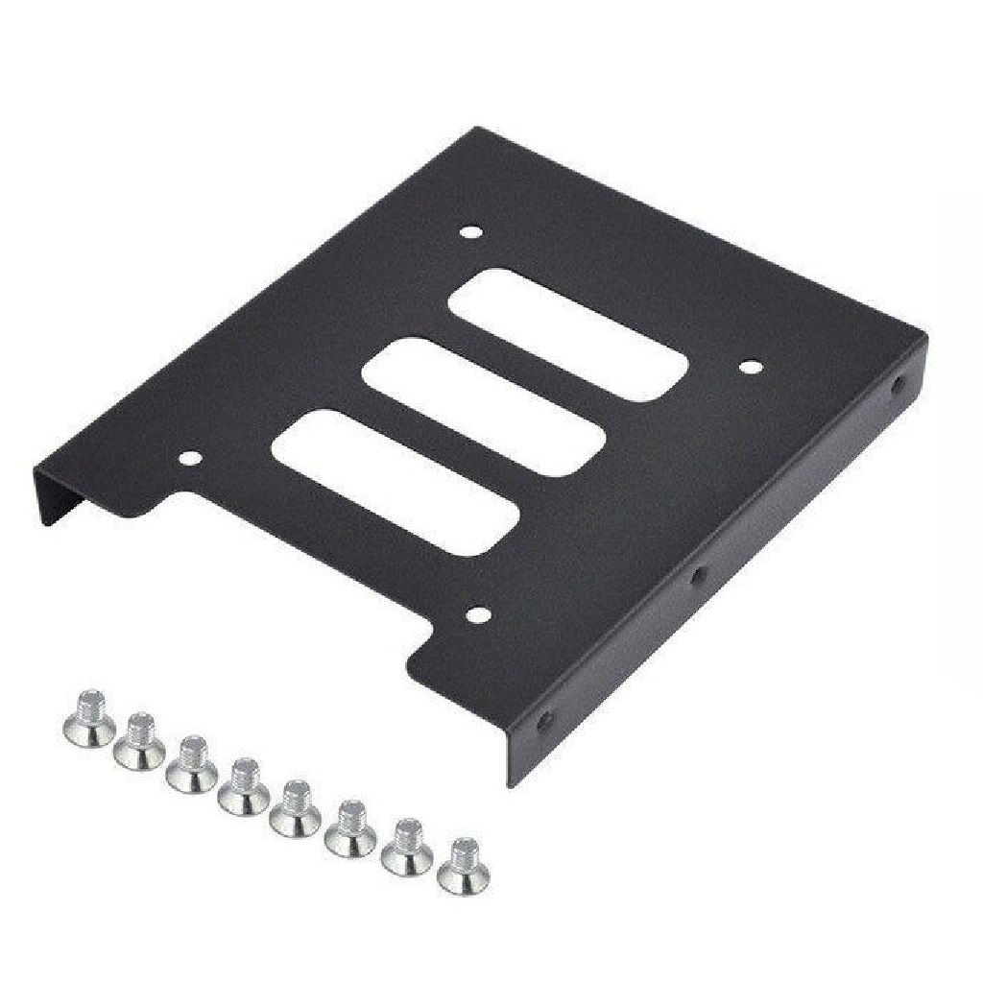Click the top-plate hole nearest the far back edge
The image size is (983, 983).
click(469, 231)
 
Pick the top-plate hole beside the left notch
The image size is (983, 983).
click(192, 460)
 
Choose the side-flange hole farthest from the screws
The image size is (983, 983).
click(899, 387)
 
